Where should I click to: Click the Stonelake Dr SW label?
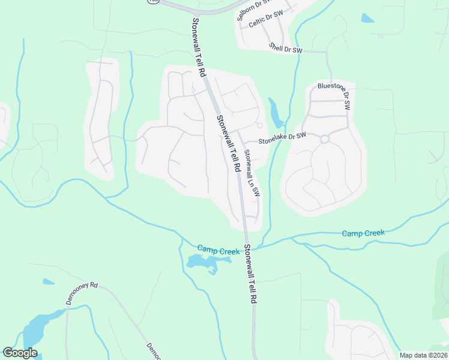pyautogui.click(x=282, y=139)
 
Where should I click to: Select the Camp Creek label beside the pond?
pyautogui.click(x=218, y=250)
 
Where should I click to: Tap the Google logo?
pyautogui.click(x=20, y=353)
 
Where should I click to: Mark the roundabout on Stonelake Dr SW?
pyautogui.click(x=325, y=139)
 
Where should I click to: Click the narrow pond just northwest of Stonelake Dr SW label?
pyautogui.click(x=276, y=113)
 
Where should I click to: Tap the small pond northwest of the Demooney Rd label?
pyautogui.click(x=48, y=281)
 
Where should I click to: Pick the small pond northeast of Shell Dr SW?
pyautogui.click(x=367, y=18)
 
